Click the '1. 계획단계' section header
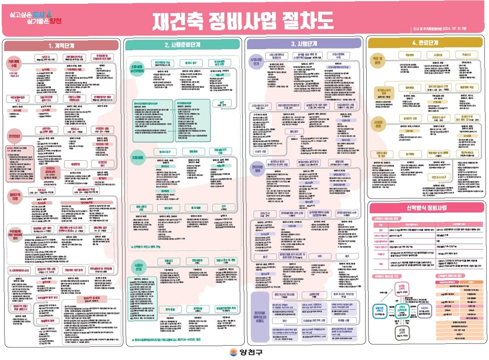pos(61,46)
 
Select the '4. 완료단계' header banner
pos(425,43)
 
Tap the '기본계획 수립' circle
pos(14,63)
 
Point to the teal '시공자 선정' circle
pos(138,267)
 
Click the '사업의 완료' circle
pos(378,124)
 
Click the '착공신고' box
pos(466,55)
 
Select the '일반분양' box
pos(409,88)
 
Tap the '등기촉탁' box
pos(410,154)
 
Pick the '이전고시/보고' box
pos(439,177)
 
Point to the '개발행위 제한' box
pos(47,321)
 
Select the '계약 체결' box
pos(170,309)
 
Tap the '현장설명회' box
pos(197,260)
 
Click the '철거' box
pos(347,256)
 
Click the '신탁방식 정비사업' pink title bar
pos(426,208)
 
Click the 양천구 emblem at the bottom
pos(234,352)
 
